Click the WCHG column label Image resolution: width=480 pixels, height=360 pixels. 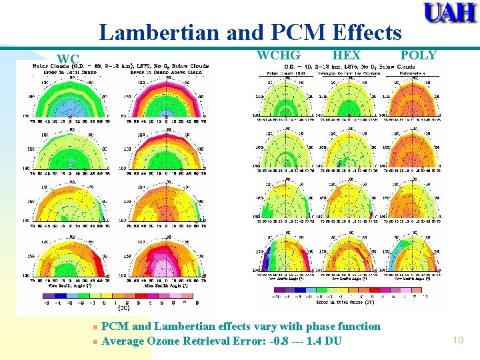278,55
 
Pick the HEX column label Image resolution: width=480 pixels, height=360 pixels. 346,55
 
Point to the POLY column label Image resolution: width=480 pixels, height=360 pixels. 418,55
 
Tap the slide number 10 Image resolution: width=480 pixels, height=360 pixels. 457,341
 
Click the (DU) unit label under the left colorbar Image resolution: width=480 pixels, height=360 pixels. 124,309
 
